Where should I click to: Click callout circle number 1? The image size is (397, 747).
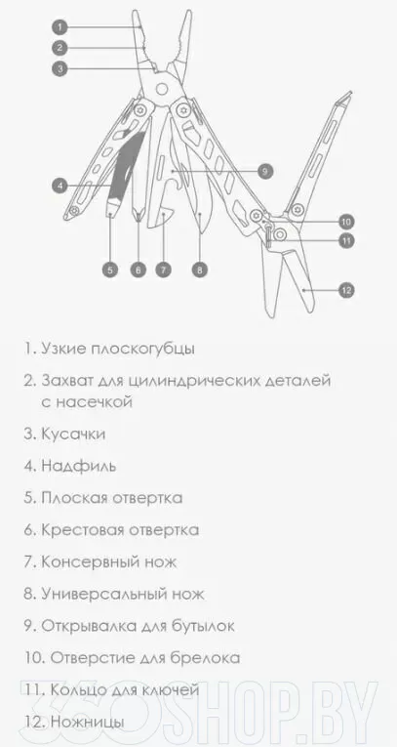coord(60,27)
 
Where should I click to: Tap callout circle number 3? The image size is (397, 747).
coord(60,68)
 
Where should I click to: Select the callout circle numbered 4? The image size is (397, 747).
coord(60,185)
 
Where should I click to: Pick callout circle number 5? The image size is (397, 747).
coord(110,270)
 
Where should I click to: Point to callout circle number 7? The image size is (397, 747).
coord(163,270)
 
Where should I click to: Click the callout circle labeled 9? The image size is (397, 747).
coord(265,170)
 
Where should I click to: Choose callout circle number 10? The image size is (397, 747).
coord(346,222)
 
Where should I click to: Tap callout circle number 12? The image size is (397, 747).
coord(346,290)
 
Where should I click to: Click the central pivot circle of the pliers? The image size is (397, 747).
coord(162,89)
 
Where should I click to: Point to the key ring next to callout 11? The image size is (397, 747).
coord(279,234)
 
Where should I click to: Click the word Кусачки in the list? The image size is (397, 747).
coord(73,434)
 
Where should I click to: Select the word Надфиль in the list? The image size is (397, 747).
coord(79,466)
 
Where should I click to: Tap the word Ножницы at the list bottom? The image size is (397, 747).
coord(88,723)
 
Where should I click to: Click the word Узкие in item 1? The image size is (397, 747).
coord(62,349)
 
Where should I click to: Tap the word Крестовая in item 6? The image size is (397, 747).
coord(77,530)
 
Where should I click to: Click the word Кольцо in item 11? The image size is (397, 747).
coord(77,689)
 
